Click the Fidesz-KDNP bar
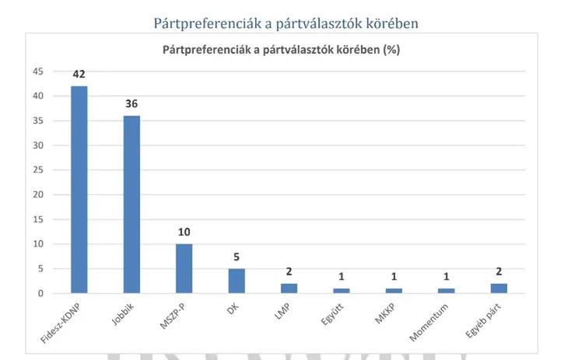click(79, 190)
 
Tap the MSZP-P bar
click(184, 269)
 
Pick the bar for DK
click(236, 281)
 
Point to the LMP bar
click(289, 288)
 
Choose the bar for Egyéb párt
click(499, 288)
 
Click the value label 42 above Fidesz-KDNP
click(79, 75)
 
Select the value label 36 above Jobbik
click(131, 104)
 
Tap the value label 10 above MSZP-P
click(184, 232)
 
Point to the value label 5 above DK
click(236, 257)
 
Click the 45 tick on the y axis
click(37, 72)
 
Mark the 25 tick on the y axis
click(37, 170)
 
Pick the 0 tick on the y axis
click(40, 294)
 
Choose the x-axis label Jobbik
click(123, 313)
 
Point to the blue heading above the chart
click(286, 23)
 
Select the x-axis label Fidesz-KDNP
click(64, 322)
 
